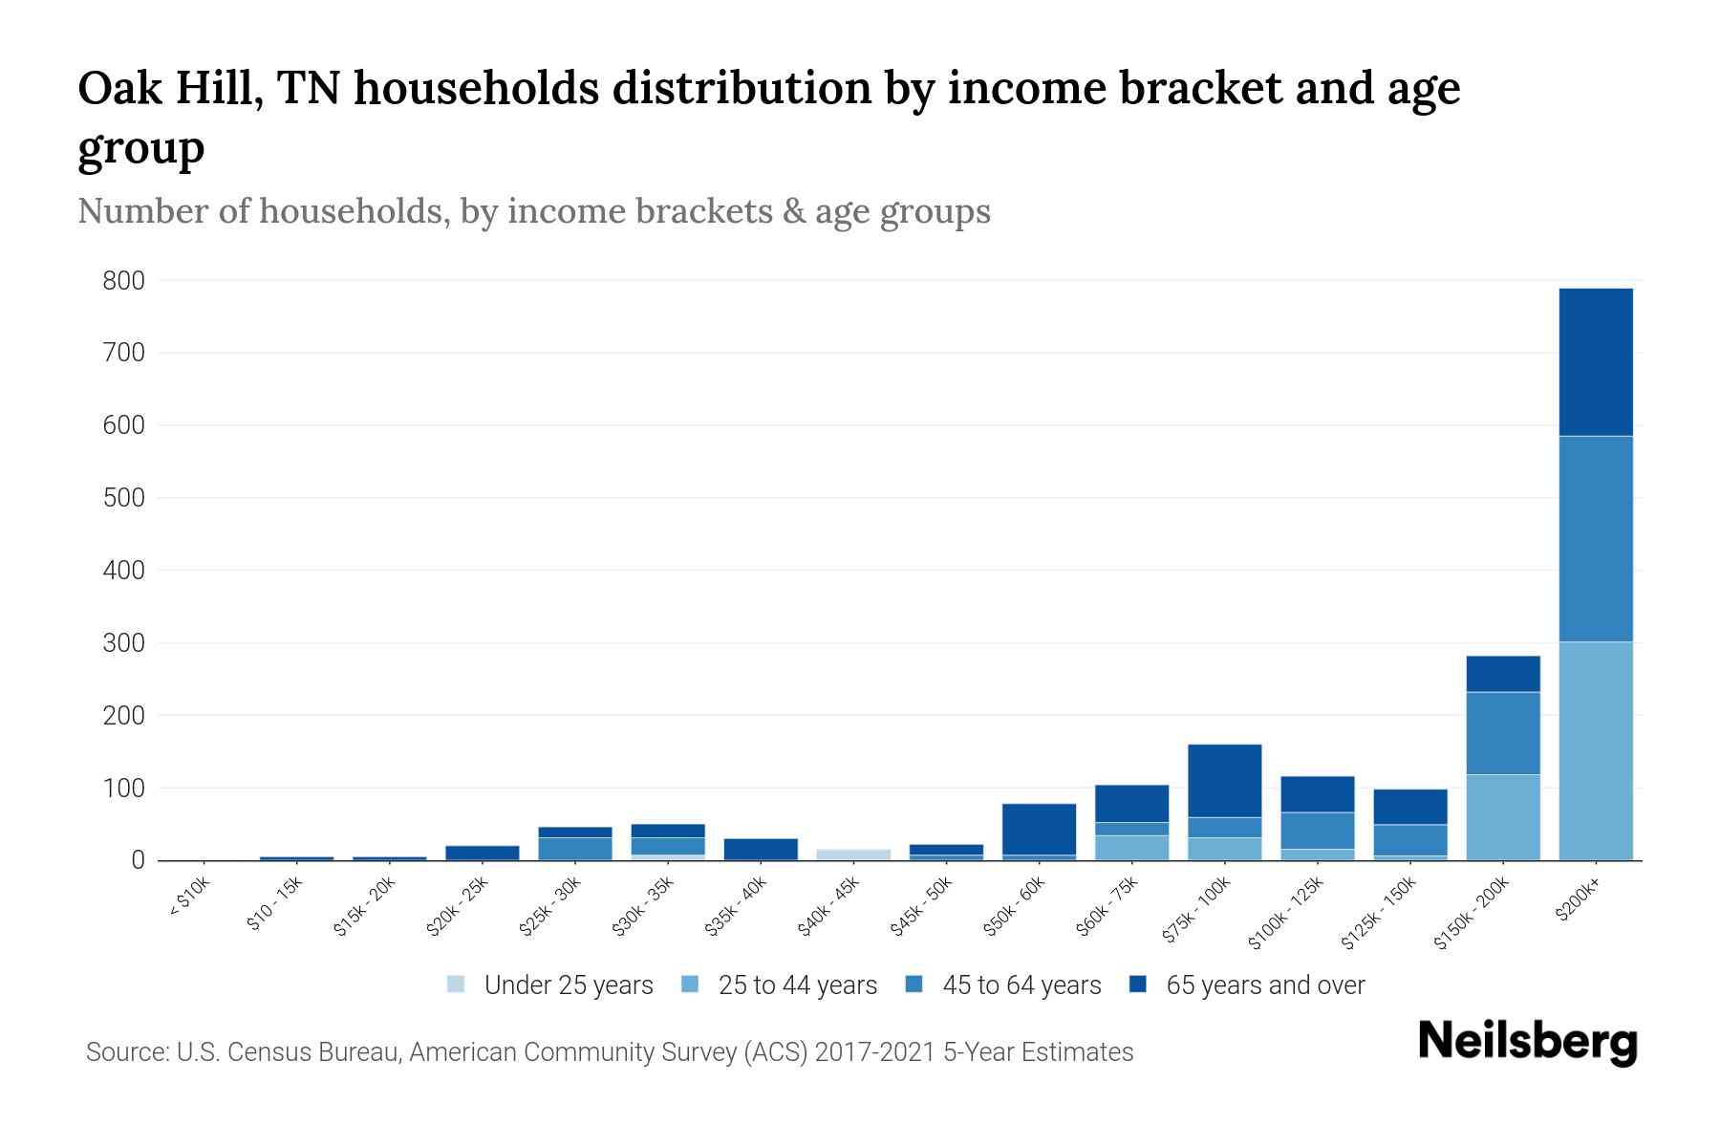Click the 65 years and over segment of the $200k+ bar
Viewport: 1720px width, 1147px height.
point(1595,361)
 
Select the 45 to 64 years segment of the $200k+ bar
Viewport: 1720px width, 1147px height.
point(1595,538)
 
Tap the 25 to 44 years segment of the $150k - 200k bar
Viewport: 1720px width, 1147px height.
point(1502,817)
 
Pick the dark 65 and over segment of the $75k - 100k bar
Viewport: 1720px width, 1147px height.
point(1224,780)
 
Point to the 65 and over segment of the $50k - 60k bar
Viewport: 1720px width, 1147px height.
point(1039,829)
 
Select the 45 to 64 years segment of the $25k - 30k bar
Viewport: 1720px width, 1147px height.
point(575,848)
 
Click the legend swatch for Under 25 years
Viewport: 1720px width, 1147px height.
point(456,985)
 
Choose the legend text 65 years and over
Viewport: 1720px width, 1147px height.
point(1265,985)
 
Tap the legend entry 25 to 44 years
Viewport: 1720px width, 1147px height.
point(797,985)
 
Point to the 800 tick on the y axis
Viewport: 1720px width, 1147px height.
point(124,281)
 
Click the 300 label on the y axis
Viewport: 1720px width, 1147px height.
point(124,643)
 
